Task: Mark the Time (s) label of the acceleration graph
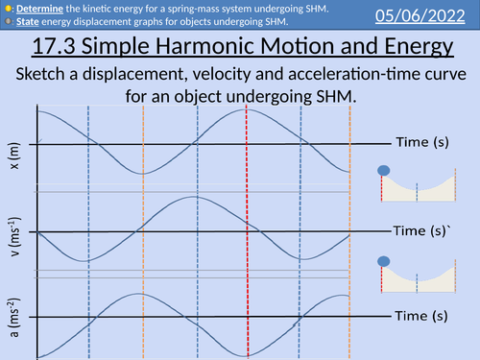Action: (423, 315)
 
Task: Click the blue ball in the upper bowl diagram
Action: (384, 171)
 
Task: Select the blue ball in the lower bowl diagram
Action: (384, 259)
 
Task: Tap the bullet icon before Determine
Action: (6, 8)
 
